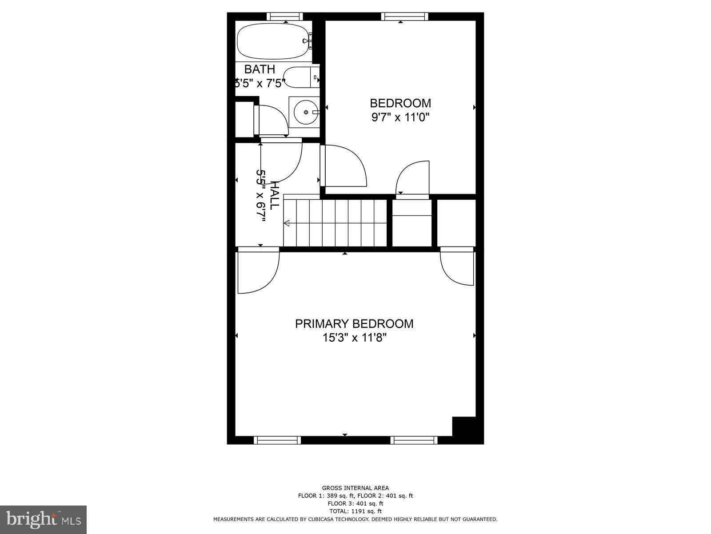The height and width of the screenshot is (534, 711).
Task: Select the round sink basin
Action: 306,112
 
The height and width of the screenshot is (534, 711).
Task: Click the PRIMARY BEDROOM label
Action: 354,324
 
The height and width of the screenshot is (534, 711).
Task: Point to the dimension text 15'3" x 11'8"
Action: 354,338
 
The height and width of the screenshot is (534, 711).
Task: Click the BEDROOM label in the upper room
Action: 400,103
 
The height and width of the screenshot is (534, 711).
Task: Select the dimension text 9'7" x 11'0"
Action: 400,117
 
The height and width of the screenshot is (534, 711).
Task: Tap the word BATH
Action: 260,69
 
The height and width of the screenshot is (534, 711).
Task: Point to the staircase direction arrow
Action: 287,223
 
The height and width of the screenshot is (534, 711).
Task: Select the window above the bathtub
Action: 285,16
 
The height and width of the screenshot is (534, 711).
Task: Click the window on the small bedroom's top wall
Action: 404,16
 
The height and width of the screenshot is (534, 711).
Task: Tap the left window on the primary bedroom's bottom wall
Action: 277,440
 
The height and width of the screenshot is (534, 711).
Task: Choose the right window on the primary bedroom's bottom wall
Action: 414,440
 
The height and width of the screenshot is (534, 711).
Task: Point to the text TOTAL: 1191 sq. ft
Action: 355,511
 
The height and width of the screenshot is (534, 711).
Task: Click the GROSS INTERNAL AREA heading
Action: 355,488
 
